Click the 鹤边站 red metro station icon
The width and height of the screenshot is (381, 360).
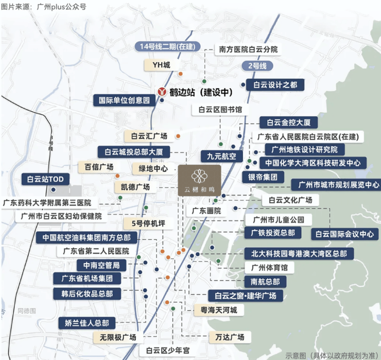[162, 92]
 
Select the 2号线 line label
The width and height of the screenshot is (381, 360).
[256, 65]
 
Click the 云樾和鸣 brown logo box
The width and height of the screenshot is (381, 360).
[199, 180]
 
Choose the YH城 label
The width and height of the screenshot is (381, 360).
[161, 65]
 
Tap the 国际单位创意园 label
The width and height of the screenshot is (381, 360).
[124, 100]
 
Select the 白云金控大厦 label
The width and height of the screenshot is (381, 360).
[288, 123]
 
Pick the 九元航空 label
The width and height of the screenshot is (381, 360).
[221, 156]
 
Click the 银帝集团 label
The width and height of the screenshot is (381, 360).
[263, 177]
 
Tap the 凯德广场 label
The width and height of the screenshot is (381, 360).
[132, 186]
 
